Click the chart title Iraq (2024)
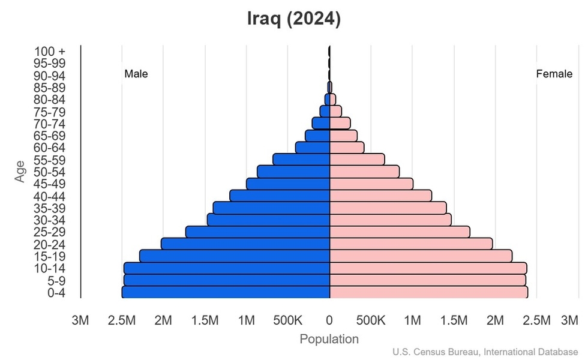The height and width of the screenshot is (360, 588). tap(294, 19)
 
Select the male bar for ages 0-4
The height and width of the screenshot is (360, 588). tap(226, 292)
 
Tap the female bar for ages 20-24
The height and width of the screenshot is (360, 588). tap(411, 244)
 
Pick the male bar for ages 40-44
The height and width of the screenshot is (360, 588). tap(280, 196)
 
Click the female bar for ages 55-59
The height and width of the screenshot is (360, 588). tap(357, 159)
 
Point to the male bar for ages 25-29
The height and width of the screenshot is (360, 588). tap(258, 232)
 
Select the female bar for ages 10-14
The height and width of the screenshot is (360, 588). tap(428, 268)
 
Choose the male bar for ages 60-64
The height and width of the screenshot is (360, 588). tap(313, 147)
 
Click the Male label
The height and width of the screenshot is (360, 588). tap(136, 74)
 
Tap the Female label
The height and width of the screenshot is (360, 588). tap(554, 74)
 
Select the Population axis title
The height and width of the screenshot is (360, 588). tap(329, 339)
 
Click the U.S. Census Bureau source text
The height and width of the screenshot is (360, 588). tap(486, 352)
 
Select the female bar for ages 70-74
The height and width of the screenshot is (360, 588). tap(340, 123)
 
